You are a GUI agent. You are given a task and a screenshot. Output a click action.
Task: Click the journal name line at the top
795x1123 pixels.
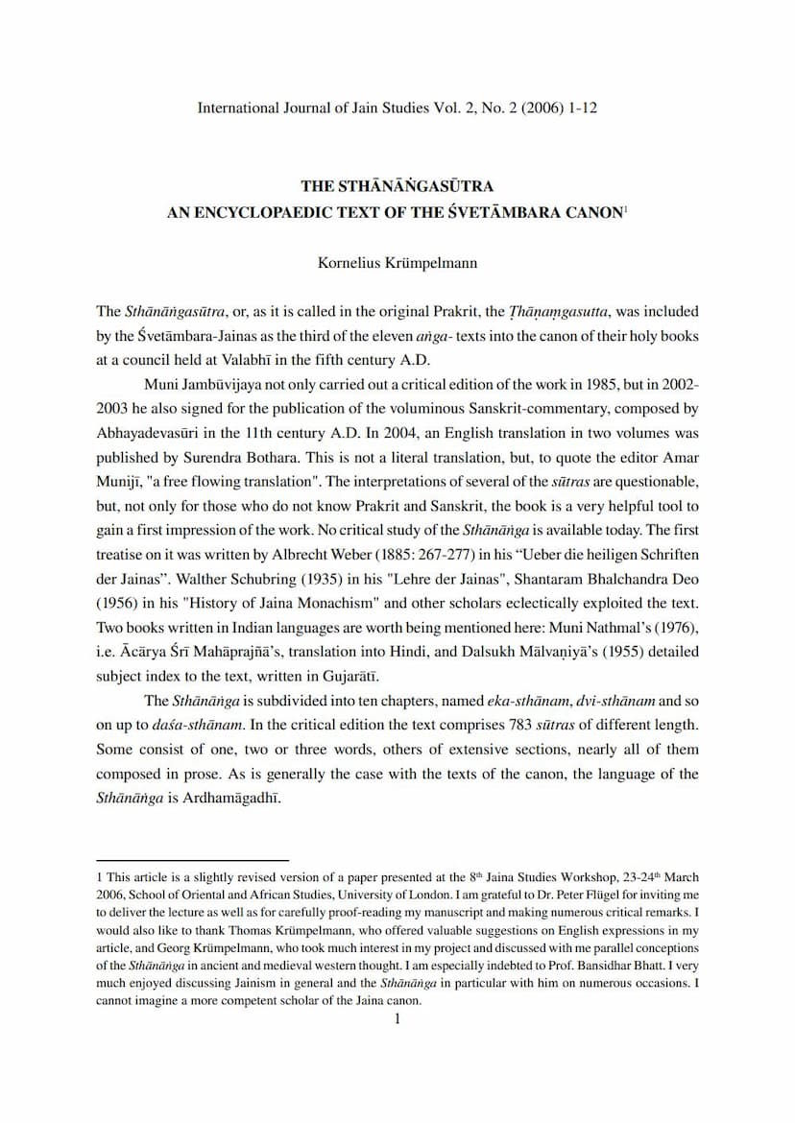pyautogui.click(x=397, y=108)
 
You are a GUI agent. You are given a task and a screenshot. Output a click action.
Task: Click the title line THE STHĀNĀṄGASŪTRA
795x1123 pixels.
pyautogui.click(x=397, y=186)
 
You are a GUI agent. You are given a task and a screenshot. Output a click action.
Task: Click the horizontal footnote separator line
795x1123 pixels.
pyautogui.click(x=192, y=861)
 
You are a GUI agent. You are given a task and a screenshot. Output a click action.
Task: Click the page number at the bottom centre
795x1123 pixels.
pyautogui.click(x=397, y=1019)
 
